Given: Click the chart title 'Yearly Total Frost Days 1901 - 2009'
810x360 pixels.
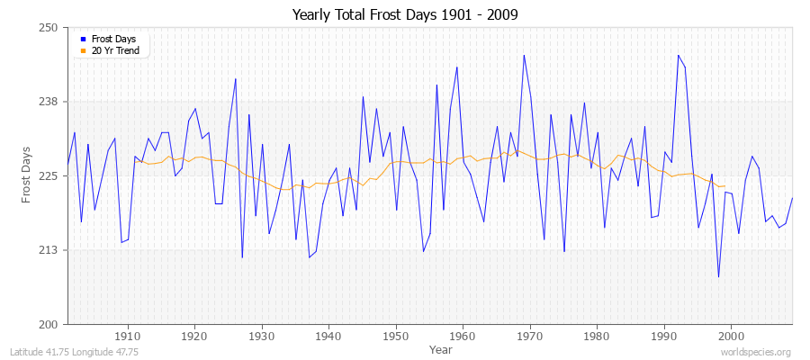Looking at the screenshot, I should pyautogui.click(x=405, y=14).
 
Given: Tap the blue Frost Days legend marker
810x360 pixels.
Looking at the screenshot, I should pyautogui.click(x=83, y=40).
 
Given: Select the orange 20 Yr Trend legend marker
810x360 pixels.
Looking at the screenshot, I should pyautogui.click(x=83, y=50).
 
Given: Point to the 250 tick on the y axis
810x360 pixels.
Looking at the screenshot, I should pyautogui.click(x=49, y=28).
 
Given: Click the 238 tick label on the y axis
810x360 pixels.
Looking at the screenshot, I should pyautogui.click(x=49, y=102).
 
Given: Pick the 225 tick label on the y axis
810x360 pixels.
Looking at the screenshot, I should pyautogui.click(x=49, y=175).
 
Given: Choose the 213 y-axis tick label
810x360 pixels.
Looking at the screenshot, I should pyautogui.click(x=49, y=250).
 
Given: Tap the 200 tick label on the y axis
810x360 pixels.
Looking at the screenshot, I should pyautogui.click(x=49, y=324).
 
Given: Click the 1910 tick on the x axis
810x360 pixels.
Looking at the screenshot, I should pyautogui.click(x=128, y=335).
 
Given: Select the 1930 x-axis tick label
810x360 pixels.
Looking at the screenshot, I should pyautogui.click(x=262, y=335).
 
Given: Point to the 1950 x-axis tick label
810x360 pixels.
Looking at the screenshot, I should pyautogui.click(x=396, y=335).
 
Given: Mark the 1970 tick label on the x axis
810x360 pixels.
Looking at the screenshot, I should pyautogui.click(x=530, y=335).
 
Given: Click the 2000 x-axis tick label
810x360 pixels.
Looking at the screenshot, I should pyautogui.click(x=731, y=335).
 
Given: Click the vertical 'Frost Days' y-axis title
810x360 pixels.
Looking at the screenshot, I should pyautogui.click(x=26, y=175).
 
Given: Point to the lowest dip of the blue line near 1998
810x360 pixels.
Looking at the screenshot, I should pyautogui.click(x=718, y=276).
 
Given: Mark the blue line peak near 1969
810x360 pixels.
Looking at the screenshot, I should pyautogui.click(x=524, y=55).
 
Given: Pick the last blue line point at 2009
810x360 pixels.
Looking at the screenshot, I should pyautogui.click(x=792, y=198).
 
